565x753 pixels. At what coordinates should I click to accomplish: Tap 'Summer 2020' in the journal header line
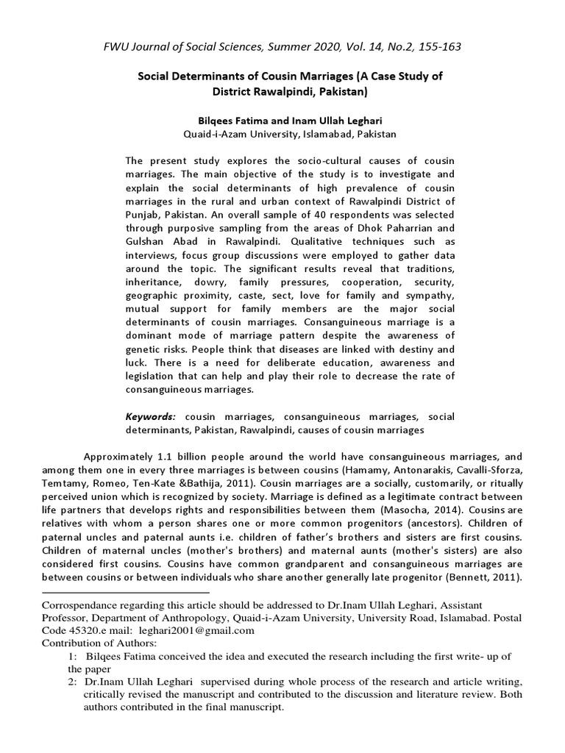(x=293, y=47)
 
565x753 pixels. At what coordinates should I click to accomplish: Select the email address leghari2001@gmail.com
(x=207, y=630)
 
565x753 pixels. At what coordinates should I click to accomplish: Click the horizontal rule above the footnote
(x=126, y=591)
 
